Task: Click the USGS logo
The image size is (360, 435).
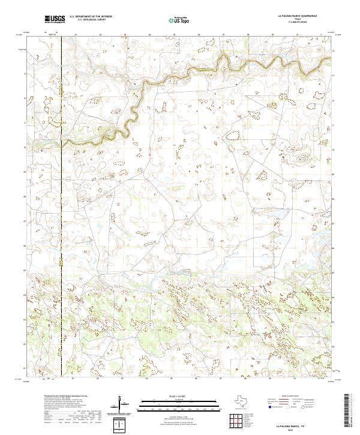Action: click(55, 19)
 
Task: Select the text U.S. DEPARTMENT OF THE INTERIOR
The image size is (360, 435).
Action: click(91, 17)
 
